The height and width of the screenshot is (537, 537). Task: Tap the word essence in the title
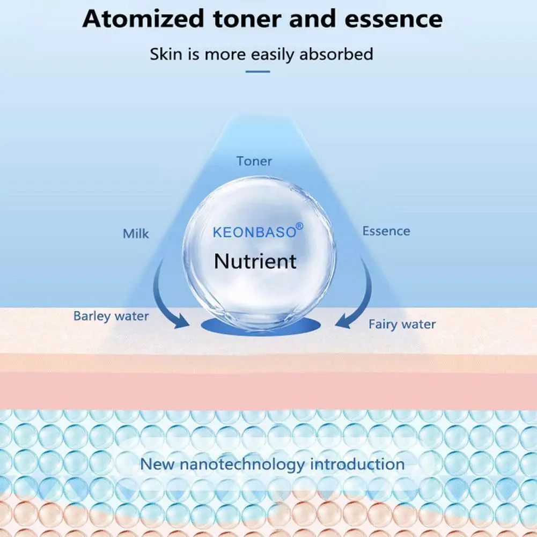(x=394, y=19)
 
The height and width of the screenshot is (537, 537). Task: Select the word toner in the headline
(x=247, y=19)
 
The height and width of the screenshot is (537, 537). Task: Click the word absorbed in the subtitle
(x=336, y=54)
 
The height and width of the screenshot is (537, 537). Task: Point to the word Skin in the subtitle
(x=166, y=54)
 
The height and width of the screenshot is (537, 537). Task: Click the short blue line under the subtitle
(x=258, y=71)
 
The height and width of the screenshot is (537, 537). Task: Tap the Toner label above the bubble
(x=254, y=161)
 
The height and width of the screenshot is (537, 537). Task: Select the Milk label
(x=136, y=233)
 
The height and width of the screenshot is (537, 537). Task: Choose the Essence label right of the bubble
(x=386, y=231)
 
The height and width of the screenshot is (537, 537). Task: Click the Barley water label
(x=111, y=316)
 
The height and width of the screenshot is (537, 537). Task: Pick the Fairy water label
(x=402, y=324)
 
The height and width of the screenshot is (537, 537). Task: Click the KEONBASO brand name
(x=254, y=232)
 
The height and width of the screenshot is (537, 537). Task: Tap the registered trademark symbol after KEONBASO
(x=299, y=226)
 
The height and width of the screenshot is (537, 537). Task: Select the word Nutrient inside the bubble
(x=255, y=261)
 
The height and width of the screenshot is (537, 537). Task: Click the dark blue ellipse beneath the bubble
(x=261, y=327)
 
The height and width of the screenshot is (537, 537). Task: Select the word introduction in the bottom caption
(x=357, y=464)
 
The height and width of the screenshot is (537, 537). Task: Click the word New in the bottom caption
(x=157, y=464)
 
